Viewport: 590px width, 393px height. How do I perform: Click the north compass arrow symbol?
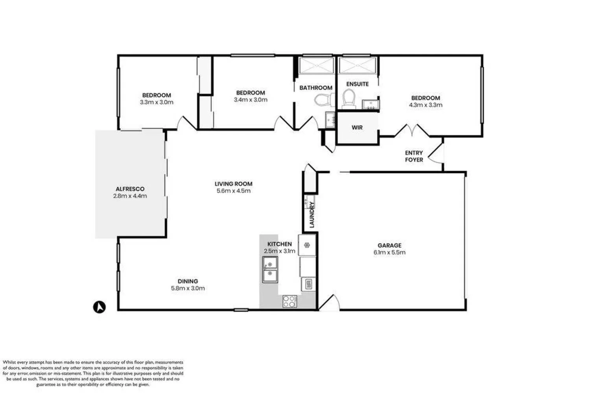tap(100, 307)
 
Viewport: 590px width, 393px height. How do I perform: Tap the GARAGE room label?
tap(389, 245)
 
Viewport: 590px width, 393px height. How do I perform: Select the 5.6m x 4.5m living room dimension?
tap(233, 191)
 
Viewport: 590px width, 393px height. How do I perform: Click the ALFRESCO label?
tap(130, 189)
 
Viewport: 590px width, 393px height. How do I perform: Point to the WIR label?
tap(357, 128)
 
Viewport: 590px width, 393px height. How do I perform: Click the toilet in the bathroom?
tap(321, 100)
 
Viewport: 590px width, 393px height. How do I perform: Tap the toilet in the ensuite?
tap(348, 99)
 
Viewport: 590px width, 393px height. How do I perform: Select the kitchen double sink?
tap(270, 269)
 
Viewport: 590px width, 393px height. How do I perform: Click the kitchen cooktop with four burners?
tap(289, 301)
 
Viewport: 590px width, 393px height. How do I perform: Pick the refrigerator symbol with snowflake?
tap(307, 245)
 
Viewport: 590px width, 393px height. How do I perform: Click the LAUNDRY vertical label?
tap(312, 215)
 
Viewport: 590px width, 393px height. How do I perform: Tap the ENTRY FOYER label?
tap(414, 156)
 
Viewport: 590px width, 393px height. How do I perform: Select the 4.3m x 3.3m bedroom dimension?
tap(426, 105)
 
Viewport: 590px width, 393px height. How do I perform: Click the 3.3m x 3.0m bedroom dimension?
tap(157, 102)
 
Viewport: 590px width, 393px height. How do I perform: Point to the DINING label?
tap(188, 281)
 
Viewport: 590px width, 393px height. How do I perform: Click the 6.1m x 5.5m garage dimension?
tap(389, 252)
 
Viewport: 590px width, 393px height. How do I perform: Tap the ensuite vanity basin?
tap(370, 105)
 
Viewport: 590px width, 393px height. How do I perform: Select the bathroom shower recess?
tap(316, 66)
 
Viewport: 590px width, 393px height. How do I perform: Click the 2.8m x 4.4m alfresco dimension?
tap(130, 196)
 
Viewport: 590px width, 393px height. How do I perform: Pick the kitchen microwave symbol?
tap(308, 284)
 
